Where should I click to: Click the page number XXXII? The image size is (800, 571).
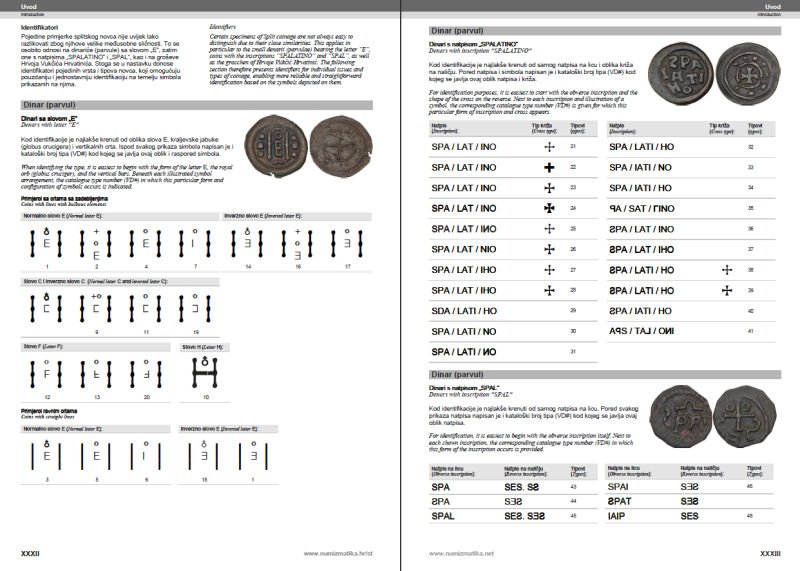31,552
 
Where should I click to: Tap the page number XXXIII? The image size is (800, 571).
769,552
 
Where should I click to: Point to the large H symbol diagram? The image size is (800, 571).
204,373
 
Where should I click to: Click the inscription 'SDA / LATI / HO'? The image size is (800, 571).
464,311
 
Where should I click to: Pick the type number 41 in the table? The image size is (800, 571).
751,311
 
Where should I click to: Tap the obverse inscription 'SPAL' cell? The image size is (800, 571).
443,516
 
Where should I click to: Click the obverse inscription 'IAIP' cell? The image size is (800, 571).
618,516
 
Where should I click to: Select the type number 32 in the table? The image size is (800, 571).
751,146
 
